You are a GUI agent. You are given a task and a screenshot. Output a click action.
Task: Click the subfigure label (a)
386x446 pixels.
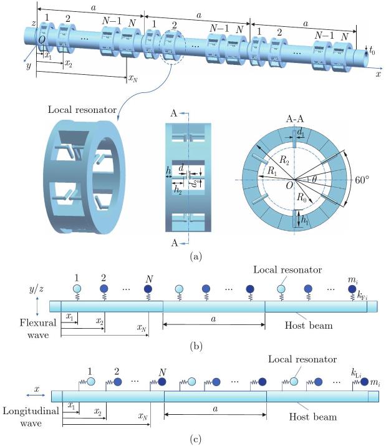193,255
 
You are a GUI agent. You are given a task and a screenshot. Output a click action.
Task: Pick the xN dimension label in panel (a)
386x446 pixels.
132,79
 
